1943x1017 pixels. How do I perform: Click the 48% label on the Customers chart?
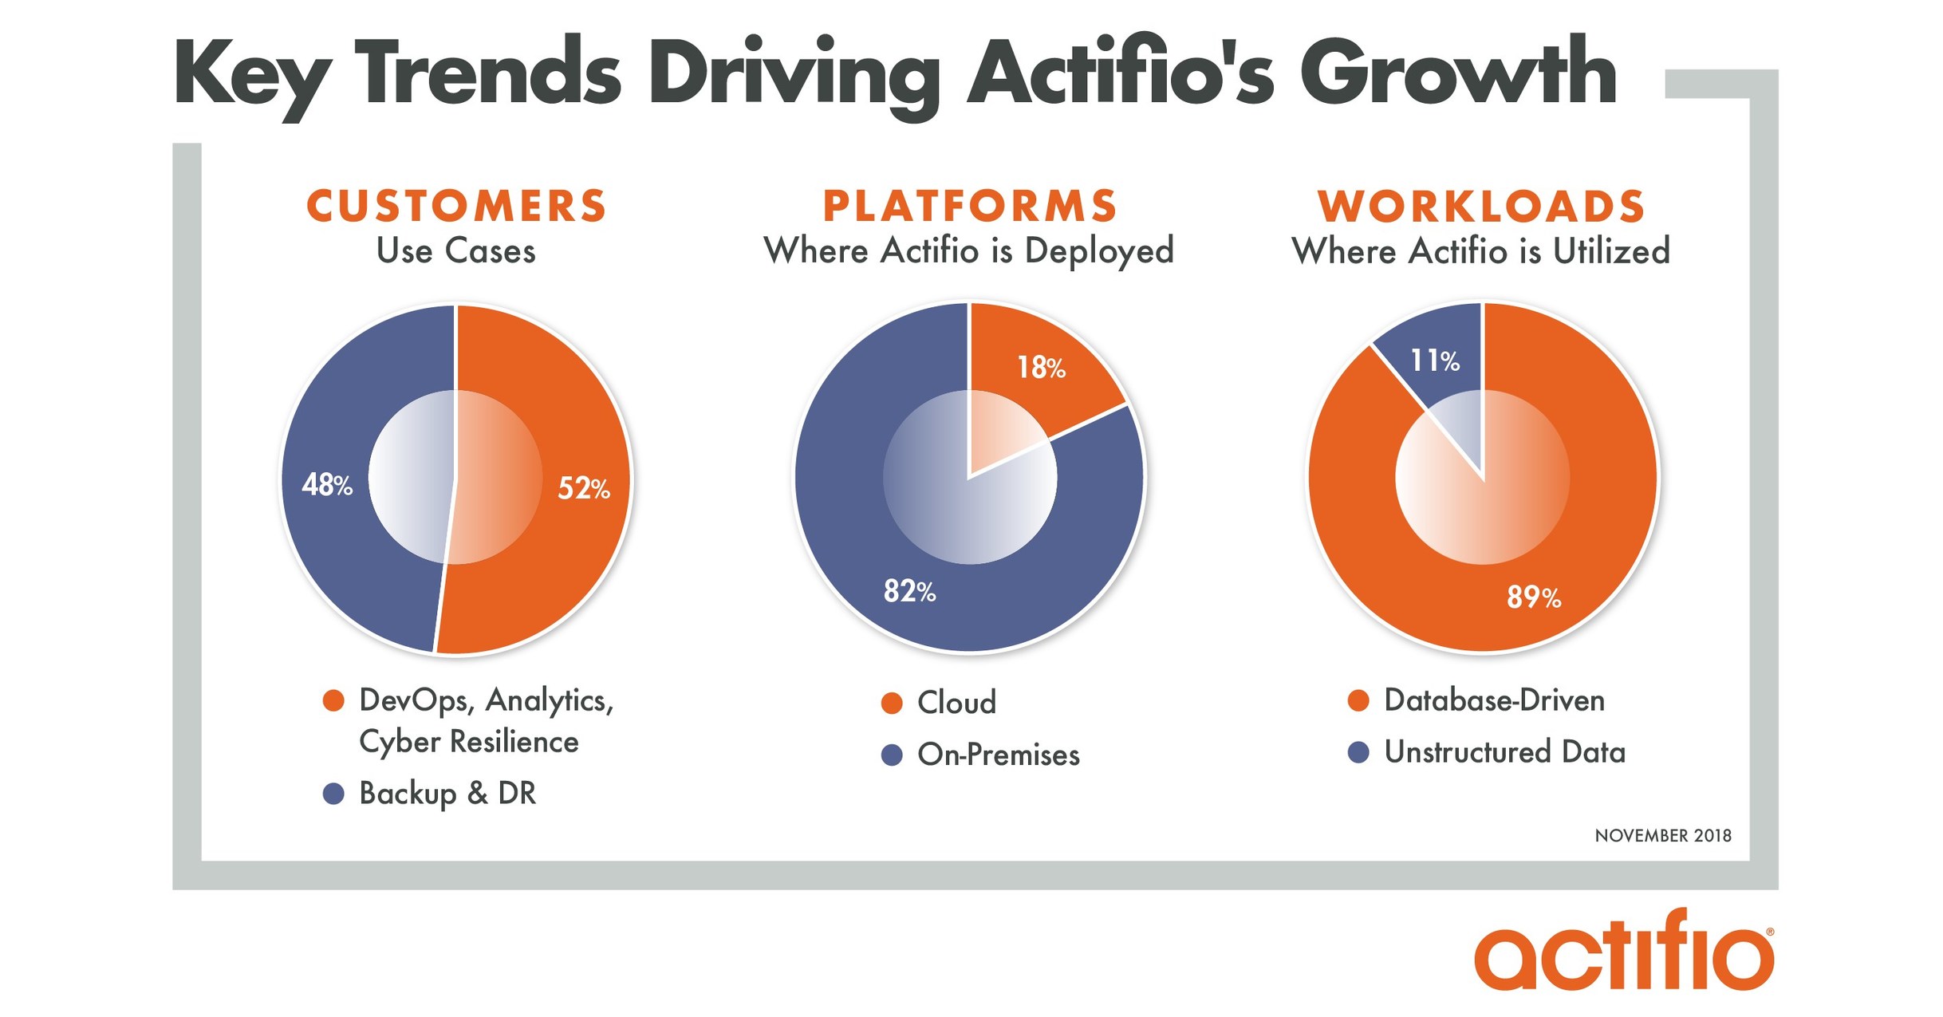point(327,484)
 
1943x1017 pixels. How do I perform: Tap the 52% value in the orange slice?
point(583,487)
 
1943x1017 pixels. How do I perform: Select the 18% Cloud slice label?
point(1041,367)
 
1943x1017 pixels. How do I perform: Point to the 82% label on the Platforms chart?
point(909,591)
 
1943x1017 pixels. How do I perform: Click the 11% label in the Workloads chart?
point(1435,361)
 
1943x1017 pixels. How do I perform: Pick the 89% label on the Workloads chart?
point(1533,597)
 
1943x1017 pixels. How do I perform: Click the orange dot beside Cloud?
point(892,704)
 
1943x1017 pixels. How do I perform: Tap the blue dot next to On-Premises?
point(892,755)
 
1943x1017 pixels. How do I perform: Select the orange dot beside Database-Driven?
point(1358,700)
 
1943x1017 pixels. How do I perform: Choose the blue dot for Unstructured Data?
point(1358,752)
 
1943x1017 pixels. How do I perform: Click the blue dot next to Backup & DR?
point(333,794)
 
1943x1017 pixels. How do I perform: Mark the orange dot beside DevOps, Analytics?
point(333,700)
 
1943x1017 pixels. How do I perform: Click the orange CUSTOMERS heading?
point(456,206)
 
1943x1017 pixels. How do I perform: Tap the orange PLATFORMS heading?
point(969,206)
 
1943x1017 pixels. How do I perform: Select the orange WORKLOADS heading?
point(1481,206)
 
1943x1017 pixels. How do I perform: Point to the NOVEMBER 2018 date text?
point(1663,835)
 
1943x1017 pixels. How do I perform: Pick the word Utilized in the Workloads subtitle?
point(1610,252)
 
